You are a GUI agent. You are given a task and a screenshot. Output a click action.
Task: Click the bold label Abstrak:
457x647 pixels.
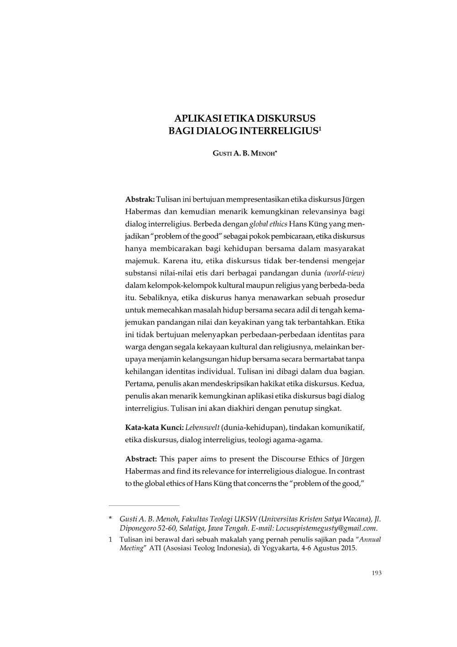pos(140,199)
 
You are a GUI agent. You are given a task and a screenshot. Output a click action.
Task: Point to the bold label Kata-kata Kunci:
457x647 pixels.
pos(154,428)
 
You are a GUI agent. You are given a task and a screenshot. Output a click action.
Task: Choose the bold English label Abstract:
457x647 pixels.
pos(141,459)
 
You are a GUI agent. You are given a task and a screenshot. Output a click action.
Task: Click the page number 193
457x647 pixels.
pos(377,573)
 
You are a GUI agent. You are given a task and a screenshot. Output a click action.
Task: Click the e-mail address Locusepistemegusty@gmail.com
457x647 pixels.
pos(326,528)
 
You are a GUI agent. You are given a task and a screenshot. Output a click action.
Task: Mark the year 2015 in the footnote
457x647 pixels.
pos(349,547)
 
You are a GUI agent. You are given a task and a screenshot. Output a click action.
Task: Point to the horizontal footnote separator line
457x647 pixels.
pos(144,506)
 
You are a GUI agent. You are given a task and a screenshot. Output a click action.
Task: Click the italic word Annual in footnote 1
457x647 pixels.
pos(370,539)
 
